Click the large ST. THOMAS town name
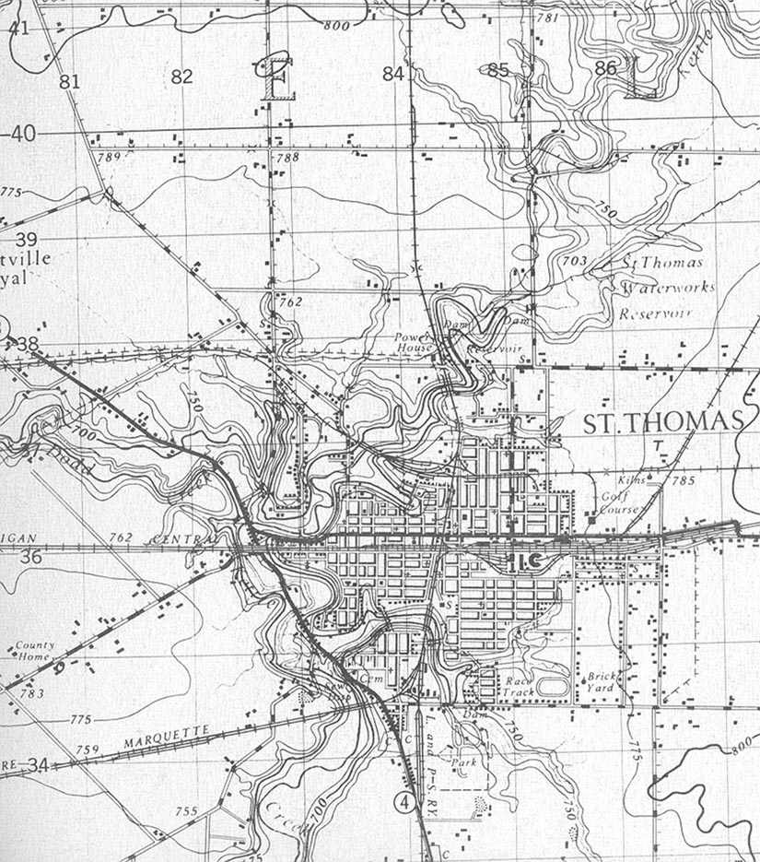tap(662, 422)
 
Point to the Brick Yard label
tap(602, 682)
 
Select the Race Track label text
tap(519, 687)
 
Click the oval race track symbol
tap(553, 686)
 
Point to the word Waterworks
tap(668, 289)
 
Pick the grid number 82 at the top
tap(181, 77)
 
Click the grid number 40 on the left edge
tap(22, 135)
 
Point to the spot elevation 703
tap(574, 262)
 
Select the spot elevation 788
tap(287, 159)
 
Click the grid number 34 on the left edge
tap(37, 765)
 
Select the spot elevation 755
tap(185, 811)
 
